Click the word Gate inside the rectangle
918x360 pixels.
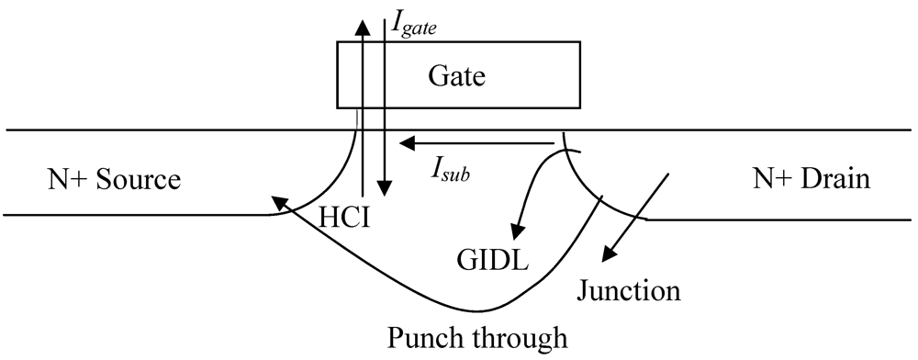click(456, 76)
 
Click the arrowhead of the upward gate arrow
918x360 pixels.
click(364, 27)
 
